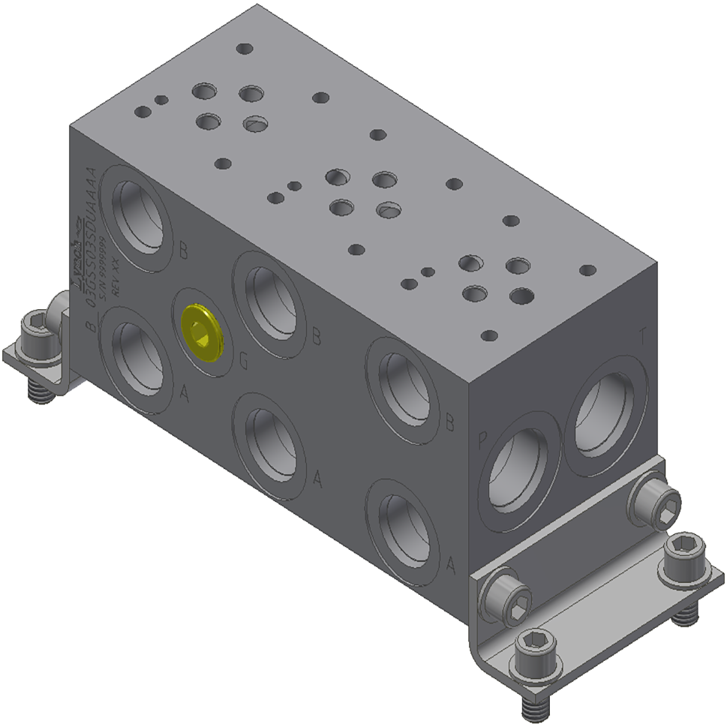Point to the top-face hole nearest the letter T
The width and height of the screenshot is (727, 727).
coord(587,270)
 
